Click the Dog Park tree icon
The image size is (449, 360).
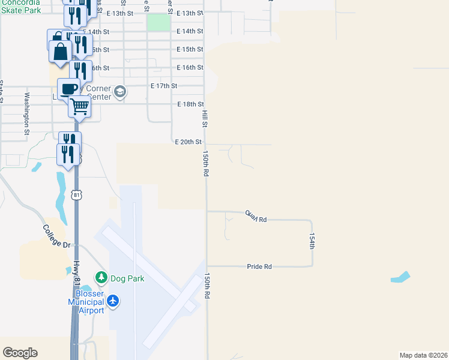point(101,278)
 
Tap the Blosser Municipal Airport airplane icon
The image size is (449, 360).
point(114,301)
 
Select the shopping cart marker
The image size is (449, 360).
point(79,107)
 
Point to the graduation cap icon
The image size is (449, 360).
point(119,91)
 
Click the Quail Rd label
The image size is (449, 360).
point(255,216)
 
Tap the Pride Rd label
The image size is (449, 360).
point(259,266)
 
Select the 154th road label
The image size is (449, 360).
point(312,241)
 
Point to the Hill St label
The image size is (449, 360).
point(204,118)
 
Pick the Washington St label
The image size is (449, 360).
point(27,112)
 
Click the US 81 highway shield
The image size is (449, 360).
point(76,194)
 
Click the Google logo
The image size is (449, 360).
point(20,353)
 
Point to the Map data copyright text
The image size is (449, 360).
point(424,355)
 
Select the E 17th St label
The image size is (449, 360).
point(164,86)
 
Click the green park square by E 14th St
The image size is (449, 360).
point(158,23)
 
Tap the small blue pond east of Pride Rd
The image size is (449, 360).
point(401,277)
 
